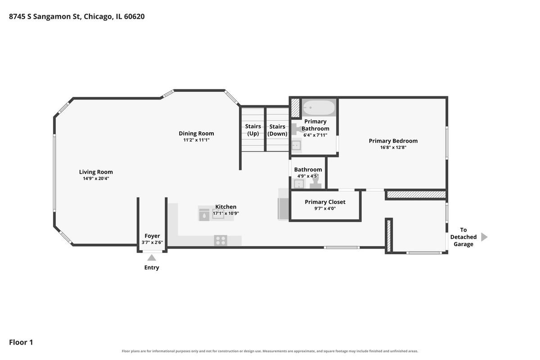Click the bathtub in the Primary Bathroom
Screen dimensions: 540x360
[319, 108]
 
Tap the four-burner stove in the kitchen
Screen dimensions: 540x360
[220, 240]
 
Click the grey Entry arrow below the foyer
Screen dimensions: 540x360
[152, 258]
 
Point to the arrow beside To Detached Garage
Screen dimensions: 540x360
[484, 237]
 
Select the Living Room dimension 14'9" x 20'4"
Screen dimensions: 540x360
[96, 179]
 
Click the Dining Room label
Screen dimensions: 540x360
[196, 133]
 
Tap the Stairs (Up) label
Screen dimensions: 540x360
[253, 130]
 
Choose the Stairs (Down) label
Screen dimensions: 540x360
[277, 130]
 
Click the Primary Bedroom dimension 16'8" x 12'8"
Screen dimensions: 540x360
[393, 147]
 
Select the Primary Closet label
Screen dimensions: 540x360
[325, 202]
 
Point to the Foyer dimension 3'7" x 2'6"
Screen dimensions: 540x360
[152, 243]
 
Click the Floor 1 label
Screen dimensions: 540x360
[21, 342]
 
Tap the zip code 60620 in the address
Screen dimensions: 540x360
[134, 16]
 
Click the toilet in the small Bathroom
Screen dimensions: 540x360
[315, 181]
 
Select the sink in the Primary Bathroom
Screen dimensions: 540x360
[296, 145]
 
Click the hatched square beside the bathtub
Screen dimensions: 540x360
[295, 108]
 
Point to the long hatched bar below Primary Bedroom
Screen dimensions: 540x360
[416, 194]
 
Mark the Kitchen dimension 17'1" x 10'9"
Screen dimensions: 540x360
[225, 213]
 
